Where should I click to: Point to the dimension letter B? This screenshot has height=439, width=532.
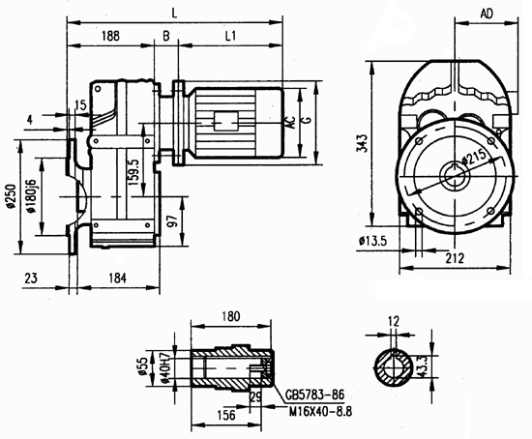(166, 36)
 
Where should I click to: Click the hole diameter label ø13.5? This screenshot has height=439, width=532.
(374, 240)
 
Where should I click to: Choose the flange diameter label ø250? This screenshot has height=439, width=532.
(13, 197)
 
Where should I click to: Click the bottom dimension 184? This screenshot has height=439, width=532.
(117, 278)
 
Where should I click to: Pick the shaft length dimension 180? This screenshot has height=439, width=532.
(231, 315)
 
